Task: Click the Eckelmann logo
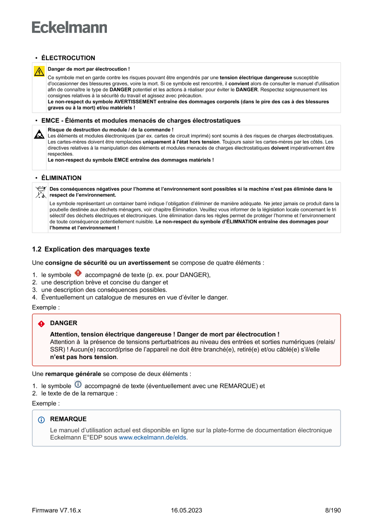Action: click(x=69, y=28)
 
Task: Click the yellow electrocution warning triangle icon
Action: click(x=39, y=71)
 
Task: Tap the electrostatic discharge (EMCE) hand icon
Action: click(x=39, y=134)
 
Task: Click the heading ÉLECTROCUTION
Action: click(x=68, y=58)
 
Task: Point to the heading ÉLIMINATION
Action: click(x=61, y=178)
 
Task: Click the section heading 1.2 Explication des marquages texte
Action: click(x=91, y=249)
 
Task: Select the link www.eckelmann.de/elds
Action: click(x=152, y=438)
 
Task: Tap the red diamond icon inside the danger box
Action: click(x=41, y=324)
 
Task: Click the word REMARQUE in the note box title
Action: click(x=68, y=419)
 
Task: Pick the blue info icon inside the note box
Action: click(x=41, y=420)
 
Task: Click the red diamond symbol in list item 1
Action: click(x=78, y=273)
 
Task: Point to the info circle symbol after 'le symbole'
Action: click(x=78, y=385)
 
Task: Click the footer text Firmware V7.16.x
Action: click(x=56, y=510)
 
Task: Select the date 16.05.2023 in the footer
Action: click(x=186, y=510)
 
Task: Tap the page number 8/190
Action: click(x=333, y=510)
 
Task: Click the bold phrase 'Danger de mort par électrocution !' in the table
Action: click(x=88, y=69)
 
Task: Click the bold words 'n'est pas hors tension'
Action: click(x=83, y=357)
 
